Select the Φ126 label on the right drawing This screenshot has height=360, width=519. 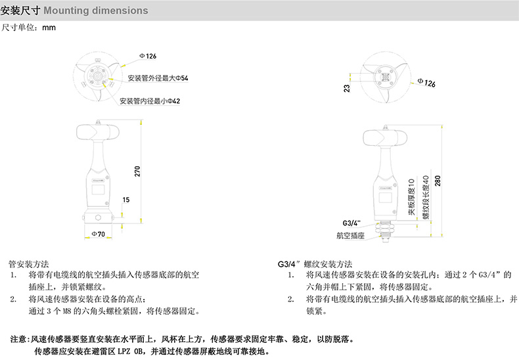pyautogui.click(x=426, y=83)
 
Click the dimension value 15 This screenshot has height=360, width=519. pyautogui.click(x=125, y=199)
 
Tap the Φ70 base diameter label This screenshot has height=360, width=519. pyautogui.click(x=98, y=235)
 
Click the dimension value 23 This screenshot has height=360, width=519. pyautogui.click(x=346, y=87)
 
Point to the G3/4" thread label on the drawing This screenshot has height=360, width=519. pyautogui.click(x=352, y=222)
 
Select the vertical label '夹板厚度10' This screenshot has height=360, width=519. pyautogui.click(x=412, y=196)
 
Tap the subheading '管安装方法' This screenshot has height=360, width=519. pyautogui.click(x=28, y=262)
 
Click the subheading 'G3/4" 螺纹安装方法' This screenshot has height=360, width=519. pyautogui.click(x=316, y=262)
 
